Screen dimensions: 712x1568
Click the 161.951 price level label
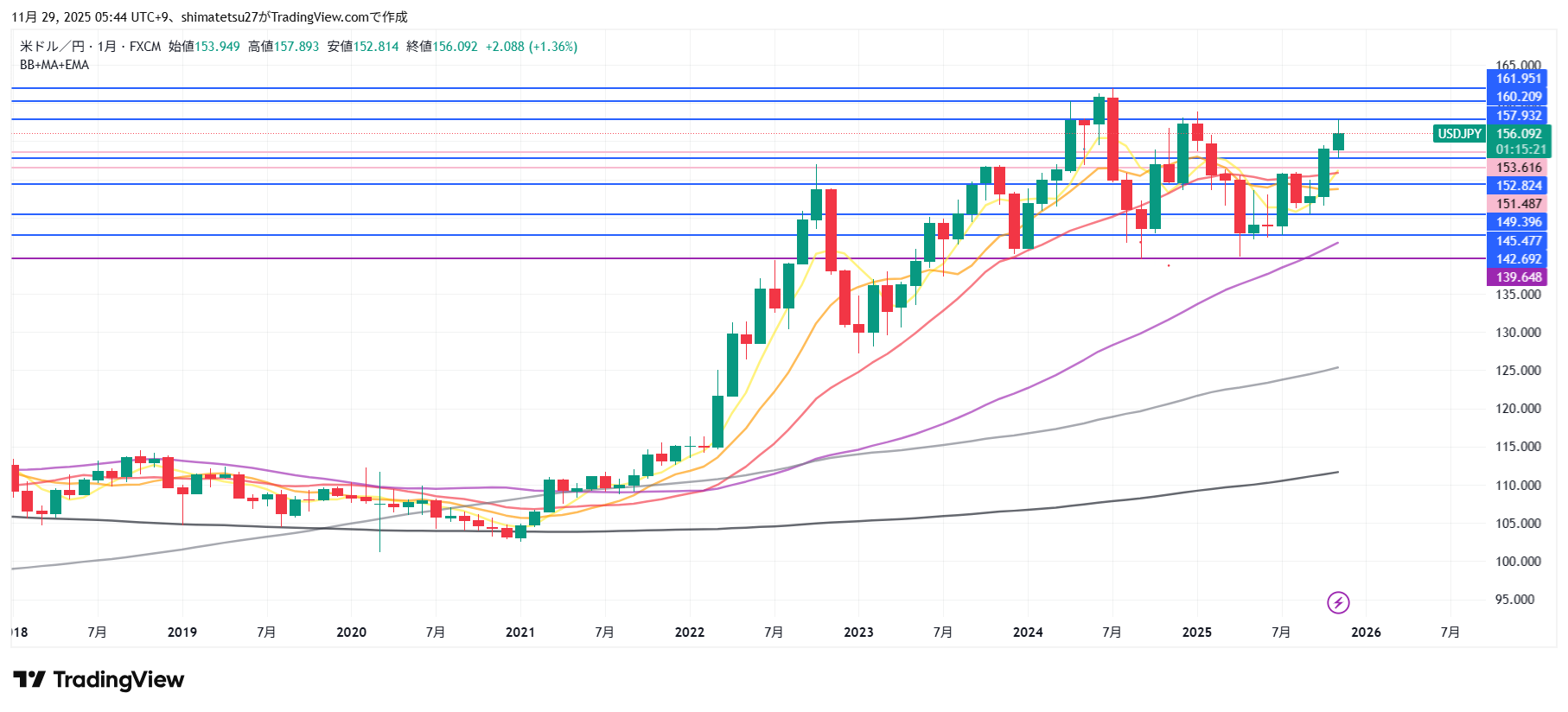pyautogui.click(x=1518, y=79)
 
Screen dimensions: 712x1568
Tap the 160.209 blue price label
pyautogui.click(x=1518, y=97)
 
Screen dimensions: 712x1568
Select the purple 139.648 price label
pyautogui.click(x=1518, y=277)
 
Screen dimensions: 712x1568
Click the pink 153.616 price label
pyautogui.click(x=1518, y=168)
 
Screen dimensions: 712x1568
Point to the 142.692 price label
pyautogui.click(x=1518, y=259)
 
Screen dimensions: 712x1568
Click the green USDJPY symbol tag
pyautogui.click(x=1459, y=134)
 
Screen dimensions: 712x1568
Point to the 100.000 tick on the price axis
pyautogui.click(x=1518, y=562)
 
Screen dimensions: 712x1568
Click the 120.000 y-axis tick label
pyautogui.click(x=1518, y=409)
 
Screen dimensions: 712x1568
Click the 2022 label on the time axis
pyautogui.click(x=689, y=633)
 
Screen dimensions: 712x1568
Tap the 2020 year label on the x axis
pyautogui.click(x=351, y=633)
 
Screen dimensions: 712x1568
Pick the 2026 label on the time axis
pyautogui.click(x=1366, y=633)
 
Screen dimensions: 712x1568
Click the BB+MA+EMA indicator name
pyautogui.click(x=54, y=65)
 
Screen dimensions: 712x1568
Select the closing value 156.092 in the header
pyautogui.click(x=455, y=47)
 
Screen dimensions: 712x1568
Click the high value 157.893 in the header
pyautogui.click(x=296, y=47)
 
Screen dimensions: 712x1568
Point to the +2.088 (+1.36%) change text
pyautogui.click(x=531, y=47)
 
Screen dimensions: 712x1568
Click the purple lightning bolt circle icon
pyautogui.click(x=1338, y=602)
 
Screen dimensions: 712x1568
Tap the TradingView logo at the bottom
pyautogui.click(x=99, y=680)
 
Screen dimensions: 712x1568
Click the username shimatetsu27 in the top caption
pyautogui.click(x=220, y=17)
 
